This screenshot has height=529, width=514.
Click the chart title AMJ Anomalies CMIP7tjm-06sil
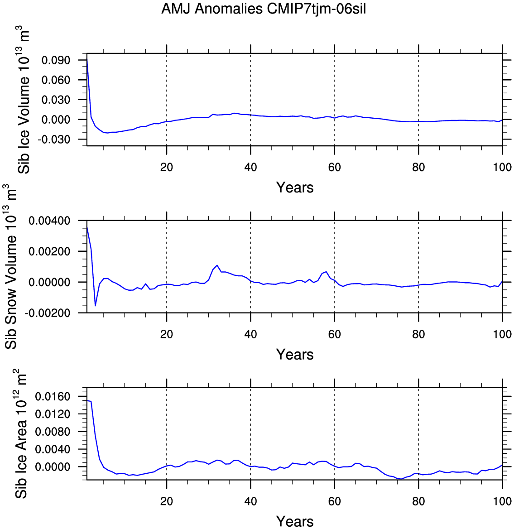264,9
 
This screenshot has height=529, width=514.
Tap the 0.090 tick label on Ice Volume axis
56,60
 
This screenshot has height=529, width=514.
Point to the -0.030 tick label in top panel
53,139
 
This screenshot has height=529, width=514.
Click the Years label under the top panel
295,187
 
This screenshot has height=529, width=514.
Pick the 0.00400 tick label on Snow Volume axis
49,221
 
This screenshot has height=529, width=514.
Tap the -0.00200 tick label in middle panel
47,313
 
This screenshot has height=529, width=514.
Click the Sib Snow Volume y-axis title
11,266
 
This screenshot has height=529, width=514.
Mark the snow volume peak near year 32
217,265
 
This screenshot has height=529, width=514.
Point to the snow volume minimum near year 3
96,306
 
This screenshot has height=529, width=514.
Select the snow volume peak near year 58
326,272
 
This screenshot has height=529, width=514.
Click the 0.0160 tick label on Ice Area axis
53,396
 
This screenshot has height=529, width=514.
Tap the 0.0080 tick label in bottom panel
53,432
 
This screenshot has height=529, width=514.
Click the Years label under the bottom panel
295,522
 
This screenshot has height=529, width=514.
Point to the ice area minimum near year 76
401,479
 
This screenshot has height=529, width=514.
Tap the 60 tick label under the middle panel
334,334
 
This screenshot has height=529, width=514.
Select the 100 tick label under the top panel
502,167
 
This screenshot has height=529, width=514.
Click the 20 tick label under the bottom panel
167,501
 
